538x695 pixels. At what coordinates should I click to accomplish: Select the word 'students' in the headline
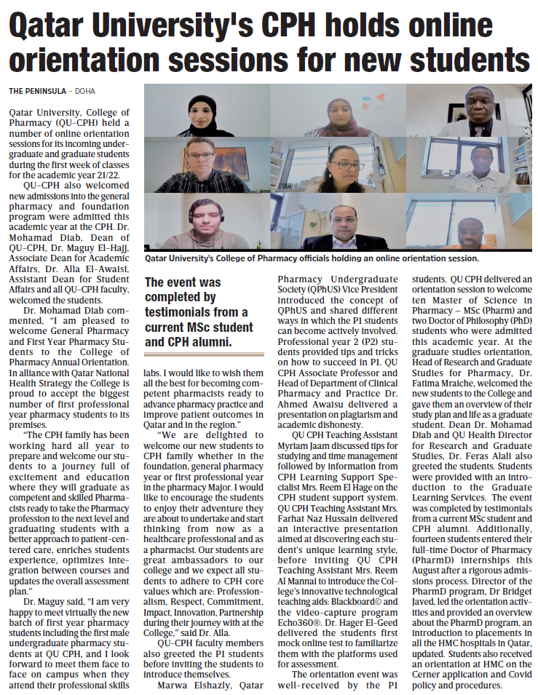(x=469, y=58)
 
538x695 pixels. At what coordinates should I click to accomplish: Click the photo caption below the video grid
(x=312, y=258)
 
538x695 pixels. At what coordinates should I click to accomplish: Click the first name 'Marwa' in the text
(x=173, y=685)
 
